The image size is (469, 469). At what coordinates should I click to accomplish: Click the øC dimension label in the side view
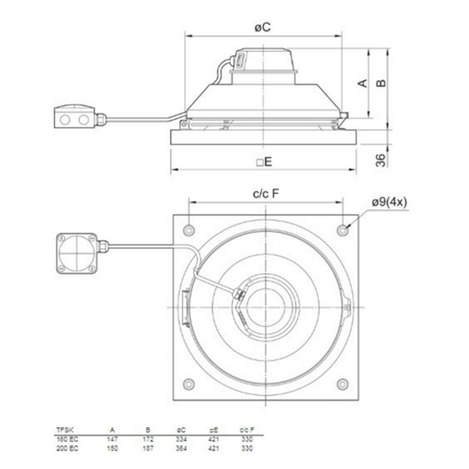pyautogui.click(x=263, y=27)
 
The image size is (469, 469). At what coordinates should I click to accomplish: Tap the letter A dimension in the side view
pyautogui.click(x=364, y=82)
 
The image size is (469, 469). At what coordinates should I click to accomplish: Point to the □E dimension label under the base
pyautogui.click(x=263, y=162)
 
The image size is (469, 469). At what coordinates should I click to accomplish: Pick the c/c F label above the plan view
pyautogui.click(x=264, y=194)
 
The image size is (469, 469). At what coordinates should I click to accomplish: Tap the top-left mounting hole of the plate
pyautogui.click(x=189, y=227)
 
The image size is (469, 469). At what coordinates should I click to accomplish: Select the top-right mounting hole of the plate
pyautogui.click(x=346, y=227)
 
